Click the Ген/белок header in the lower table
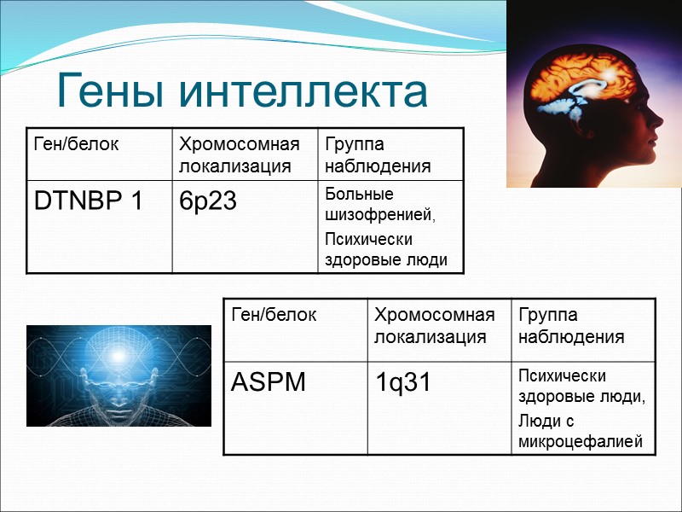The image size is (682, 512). click(x=274, y=315)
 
